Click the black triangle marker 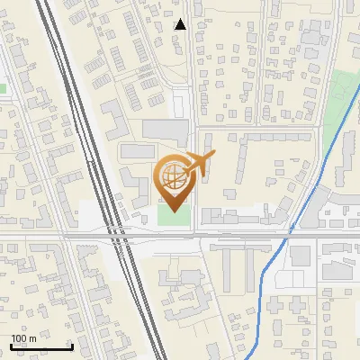click(x=181, y=24)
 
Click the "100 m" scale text click(x=23, y=338)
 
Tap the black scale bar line click(x=40, y=347)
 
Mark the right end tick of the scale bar click(x=71, y=346)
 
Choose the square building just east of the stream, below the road click(x=301, y=255)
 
